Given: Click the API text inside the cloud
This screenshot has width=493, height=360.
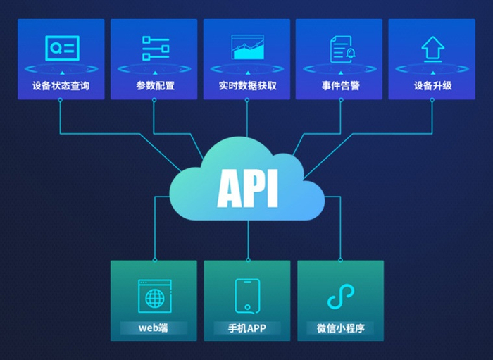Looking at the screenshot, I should point(247,187).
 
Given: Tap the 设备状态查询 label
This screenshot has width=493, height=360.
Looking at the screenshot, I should point(61,87).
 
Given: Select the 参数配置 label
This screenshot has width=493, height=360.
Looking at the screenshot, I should point(155,87).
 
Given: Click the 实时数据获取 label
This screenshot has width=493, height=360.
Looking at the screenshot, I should point(247,87).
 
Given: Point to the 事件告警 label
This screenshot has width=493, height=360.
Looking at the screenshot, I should point(340,87).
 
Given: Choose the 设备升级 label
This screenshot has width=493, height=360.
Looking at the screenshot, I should point(432,87).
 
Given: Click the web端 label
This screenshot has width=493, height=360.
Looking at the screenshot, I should point(154,328).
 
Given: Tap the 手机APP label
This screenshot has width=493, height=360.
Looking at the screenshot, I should point(247,328).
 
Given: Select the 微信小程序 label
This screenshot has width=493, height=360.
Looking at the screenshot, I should point(340,328).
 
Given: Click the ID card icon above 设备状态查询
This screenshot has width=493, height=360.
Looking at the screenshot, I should point(62,47).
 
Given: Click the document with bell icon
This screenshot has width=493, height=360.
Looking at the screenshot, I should point(341,49).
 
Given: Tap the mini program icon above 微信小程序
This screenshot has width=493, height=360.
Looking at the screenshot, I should point(340,296).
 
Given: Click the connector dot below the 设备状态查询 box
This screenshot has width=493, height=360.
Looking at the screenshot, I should point(61,101).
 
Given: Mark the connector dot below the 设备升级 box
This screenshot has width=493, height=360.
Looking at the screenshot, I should point(432,101).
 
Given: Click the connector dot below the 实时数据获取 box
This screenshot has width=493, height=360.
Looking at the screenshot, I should point(247,101).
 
